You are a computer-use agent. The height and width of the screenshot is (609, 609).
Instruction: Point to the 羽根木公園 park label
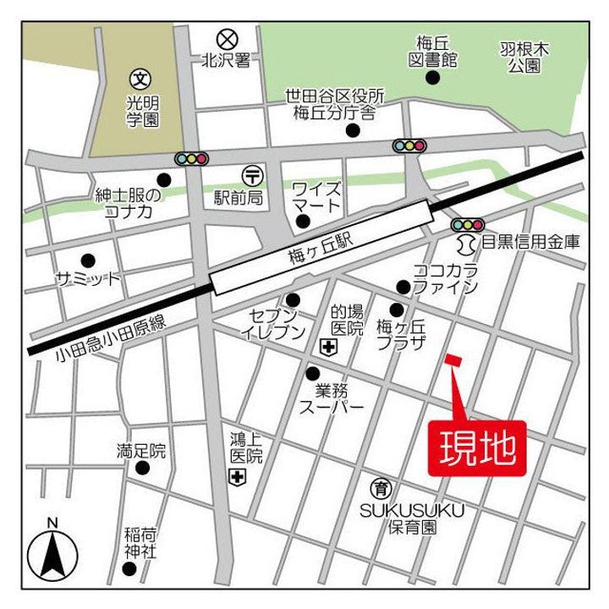point(525,58)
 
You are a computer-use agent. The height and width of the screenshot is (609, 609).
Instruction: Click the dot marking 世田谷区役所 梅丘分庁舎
point(353,130)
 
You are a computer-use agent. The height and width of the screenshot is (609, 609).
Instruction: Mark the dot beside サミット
point(86,260)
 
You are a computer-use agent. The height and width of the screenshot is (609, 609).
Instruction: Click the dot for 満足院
point(142,468)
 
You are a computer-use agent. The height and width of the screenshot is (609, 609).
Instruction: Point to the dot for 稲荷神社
point(129,568)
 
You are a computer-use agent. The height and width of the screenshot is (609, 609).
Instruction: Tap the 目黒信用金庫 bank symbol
point(464,244)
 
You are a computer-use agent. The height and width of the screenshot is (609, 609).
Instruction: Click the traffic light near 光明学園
point(191,157)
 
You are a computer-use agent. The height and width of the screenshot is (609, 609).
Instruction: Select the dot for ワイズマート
point(302,222)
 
